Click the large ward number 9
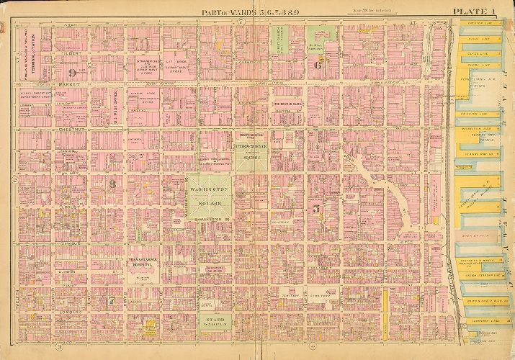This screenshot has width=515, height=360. [72, 73]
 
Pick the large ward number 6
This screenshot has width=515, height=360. [317, 65]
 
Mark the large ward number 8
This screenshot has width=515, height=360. [112, 184]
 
